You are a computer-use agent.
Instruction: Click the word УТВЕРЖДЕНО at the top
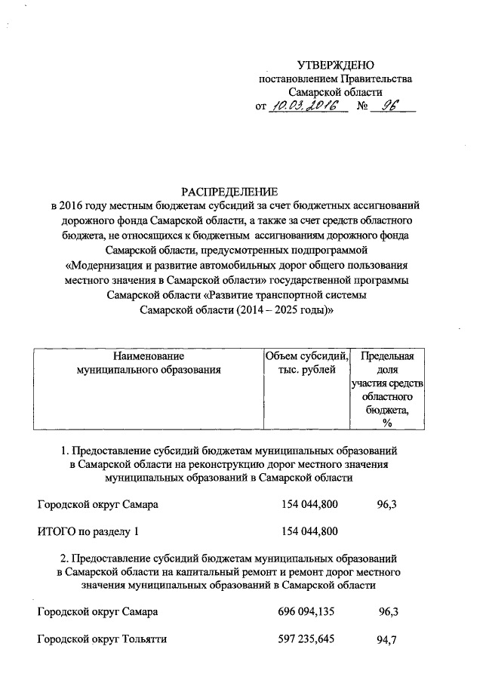point(336,66)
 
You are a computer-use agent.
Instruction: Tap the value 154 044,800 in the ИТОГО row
point(309,531)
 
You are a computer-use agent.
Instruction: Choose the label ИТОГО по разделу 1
point(88,531)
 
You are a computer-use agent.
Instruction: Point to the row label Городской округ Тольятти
point(102,640)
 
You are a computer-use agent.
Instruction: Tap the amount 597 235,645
point(309,640)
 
